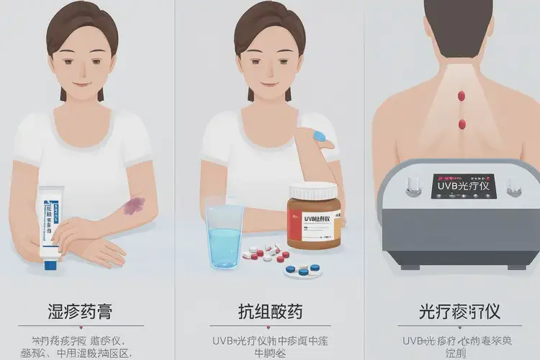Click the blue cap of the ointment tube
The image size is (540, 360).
(x=51, y=264)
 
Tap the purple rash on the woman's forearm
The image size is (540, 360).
(x=133, y=206)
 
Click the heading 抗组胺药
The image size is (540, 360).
(x=270, y=312)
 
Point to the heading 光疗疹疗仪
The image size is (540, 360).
(x=459, y=312)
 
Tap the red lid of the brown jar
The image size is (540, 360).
(x=312, y=191)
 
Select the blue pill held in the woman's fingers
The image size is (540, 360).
(x=320, y=135)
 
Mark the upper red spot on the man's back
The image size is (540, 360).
(x=461, y=96)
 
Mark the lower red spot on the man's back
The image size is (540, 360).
(x=462, y=124)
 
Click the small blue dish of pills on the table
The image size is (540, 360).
(x=301, y=270)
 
